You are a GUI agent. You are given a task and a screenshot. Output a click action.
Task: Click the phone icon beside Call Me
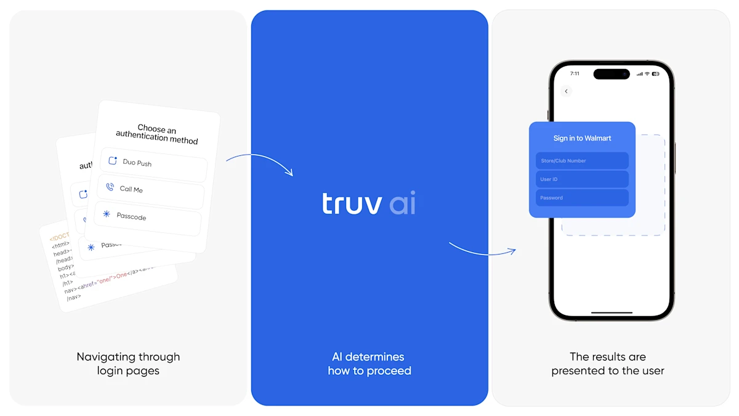click(x=110, y=187)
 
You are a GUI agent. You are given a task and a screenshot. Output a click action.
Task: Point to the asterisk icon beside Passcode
click(x=107, y=214)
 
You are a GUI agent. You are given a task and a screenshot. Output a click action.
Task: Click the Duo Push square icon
click(x=113, y=161)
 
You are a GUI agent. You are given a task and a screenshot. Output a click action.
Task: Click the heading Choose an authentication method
click(x=157, y=134)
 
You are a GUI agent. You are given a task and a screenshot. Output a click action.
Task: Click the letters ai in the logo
click(x=403, y=204)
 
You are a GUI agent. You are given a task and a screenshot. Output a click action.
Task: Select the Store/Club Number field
click(x=582, y=161)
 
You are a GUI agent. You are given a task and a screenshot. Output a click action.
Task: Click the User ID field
click(x=582, y=179)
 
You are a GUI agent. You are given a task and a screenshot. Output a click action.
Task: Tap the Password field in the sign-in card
click(x=582, y=198)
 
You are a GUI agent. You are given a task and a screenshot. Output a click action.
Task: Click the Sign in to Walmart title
click(x=582, y=138)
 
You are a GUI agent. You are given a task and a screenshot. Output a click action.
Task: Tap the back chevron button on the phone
click(x=566, y=91)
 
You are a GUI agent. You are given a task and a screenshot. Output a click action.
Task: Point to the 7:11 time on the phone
click(x=575, y=73)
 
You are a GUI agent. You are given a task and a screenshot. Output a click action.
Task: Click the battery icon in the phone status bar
click(x=656, y=74)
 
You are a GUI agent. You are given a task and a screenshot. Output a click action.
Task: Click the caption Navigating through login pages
click(x=128, y=364)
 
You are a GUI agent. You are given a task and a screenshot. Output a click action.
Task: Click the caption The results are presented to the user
click(x=608, y=364)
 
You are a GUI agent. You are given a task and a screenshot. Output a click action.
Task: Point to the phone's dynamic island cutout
click(x=612, y=74)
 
